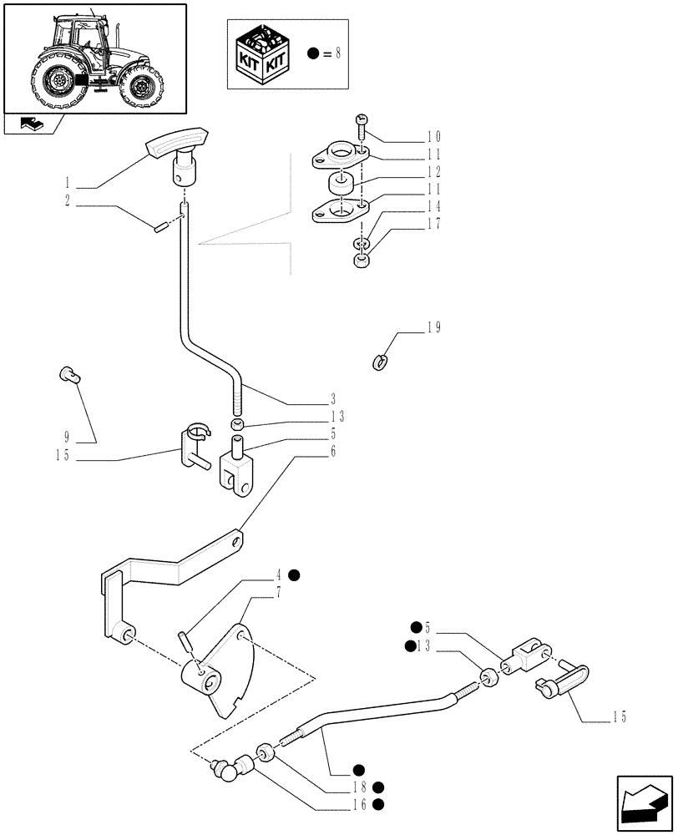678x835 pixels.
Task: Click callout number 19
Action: coord(433,327)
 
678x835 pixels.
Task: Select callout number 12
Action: coord(433,171)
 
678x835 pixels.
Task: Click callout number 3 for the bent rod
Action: coord(333,398)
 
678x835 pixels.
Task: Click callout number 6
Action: coord(333,452)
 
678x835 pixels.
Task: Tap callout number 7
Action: coord(278,592)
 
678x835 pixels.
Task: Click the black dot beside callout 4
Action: coord(294,574)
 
